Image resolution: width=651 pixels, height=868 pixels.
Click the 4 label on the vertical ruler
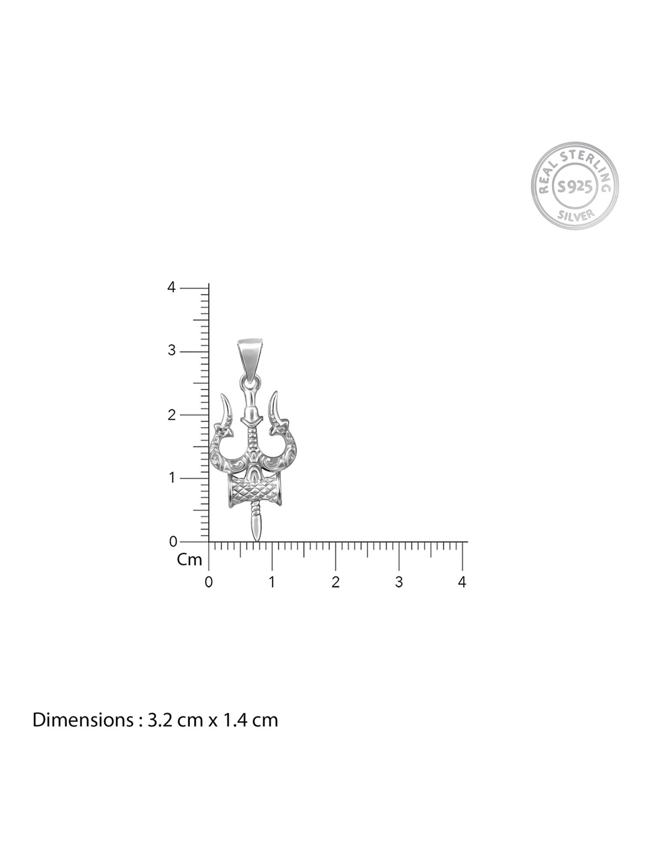pos(171,287)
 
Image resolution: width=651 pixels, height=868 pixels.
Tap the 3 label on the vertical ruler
pos(171,351)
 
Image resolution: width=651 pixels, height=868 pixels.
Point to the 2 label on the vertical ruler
pos(171,414)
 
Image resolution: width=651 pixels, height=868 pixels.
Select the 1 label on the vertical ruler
pos(172,478)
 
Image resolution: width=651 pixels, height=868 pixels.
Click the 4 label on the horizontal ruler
pos(462,582)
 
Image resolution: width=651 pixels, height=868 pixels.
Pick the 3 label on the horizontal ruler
pos(399,582)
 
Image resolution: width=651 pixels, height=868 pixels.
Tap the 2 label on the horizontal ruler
pos(335,582)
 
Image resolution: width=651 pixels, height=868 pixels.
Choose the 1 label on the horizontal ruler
pos(272,582)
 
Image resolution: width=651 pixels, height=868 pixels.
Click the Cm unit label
pos(190,560)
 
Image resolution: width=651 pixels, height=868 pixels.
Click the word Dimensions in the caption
pos(79,720)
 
